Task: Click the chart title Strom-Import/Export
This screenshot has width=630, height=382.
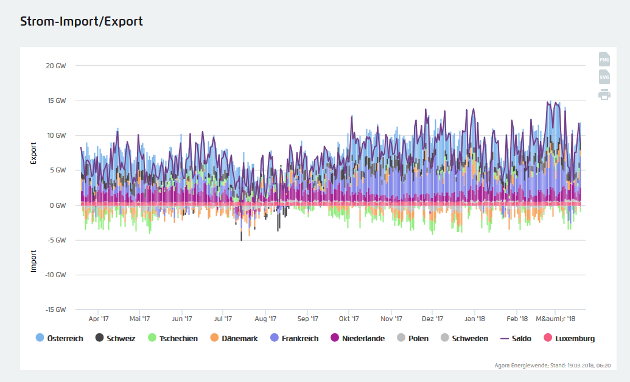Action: coord(82,21)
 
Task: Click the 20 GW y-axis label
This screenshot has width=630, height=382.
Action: coord(56,66)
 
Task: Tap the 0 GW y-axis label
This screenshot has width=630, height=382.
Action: coord(58,205)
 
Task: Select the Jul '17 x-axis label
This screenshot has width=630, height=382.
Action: coord(223,319)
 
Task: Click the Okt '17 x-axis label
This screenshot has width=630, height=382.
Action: coord(349,319)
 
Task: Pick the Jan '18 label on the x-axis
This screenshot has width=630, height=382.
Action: coord(475,319)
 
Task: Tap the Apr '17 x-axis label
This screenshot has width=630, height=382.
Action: coord(99,319)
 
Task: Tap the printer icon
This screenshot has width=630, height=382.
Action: coord(604,94)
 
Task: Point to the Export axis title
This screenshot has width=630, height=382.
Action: coord(34,153)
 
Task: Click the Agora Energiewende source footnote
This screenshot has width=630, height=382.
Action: coord(553,366)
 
